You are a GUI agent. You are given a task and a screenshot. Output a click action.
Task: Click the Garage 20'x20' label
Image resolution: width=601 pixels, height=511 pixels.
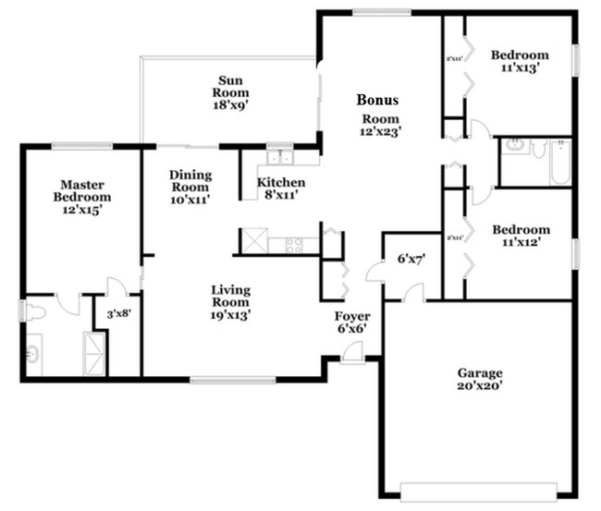(480, 380)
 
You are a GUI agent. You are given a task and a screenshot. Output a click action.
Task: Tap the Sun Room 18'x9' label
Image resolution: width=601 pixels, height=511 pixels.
(230, 93)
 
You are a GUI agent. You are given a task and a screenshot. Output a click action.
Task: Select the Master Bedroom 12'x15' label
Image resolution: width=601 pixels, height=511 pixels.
(80, 197)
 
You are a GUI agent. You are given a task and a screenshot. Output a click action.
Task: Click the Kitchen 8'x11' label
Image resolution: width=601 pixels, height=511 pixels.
(281, 189)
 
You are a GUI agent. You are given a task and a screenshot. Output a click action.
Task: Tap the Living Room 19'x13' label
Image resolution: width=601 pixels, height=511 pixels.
(230, 302)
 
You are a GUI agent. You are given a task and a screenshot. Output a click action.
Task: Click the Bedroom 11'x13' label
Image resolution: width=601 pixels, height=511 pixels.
(520, 61)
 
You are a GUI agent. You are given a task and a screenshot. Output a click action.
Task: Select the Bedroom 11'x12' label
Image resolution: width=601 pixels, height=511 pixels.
(521, 236)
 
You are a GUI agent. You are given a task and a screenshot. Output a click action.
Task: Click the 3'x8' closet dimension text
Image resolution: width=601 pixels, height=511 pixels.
(118, 313)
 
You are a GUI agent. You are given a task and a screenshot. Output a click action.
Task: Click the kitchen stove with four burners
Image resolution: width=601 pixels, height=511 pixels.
(293, 245)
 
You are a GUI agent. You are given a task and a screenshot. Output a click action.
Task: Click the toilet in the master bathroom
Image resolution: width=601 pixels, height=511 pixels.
(33, 312)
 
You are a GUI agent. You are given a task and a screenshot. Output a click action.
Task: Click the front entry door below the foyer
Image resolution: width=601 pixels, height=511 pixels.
(352, 352)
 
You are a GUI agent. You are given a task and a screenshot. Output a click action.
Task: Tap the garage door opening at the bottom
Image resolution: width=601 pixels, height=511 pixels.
(478, 489)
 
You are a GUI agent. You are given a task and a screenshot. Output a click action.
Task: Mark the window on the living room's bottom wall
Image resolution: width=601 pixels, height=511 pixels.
(232, 379)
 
